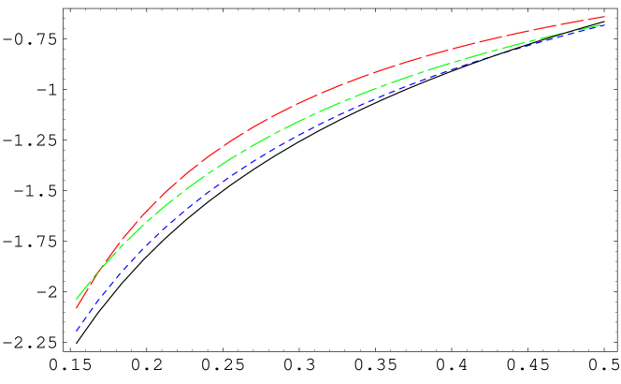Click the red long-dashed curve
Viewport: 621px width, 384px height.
pos(281,111)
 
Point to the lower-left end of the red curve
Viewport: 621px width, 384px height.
pos(76,307)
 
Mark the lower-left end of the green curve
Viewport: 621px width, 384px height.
pos(76,299)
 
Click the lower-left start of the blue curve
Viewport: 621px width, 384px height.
pos(76,331)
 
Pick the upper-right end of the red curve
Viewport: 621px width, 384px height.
pos(605,17)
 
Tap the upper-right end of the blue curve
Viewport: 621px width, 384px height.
pos(605,24)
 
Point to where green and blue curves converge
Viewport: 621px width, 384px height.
pos(599,25)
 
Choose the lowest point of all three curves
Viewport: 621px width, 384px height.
pos(76,331)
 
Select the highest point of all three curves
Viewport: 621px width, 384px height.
pos(605,17)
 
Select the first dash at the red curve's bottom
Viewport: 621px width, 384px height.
pos(79,303)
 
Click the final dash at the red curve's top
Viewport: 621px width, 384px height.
pos(599,18)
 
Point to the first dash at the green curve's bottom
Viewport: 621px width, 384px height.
pos(79,294)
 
